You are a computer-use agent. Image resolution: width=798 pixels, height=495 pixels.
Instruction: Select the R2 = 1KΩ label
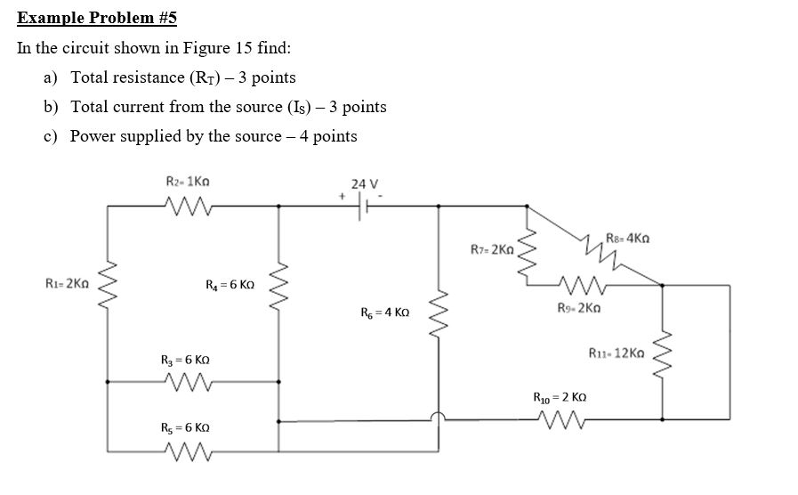pos(188,181)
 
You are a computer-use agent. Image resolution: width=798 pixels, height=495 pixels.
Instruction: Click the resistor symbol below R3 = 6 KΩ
pos(189,384)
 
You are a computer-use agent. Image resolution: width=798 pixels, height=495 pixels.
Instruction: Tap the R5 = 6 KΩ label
pos(186,428)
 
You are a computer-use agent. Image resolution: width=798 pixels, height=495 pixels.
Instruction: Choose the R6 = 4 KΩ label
pos(384,312)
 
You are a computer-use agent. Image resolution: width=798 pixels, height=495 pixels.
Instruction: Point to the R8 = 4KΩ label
pos(628,238)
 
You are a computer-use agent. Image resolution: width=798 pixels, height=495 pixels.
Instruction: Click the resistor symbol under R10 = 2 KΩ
pos(558,418)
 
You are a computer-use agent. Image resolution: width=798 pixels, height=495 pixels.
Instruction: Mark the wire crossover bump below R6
pos(437,417)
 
